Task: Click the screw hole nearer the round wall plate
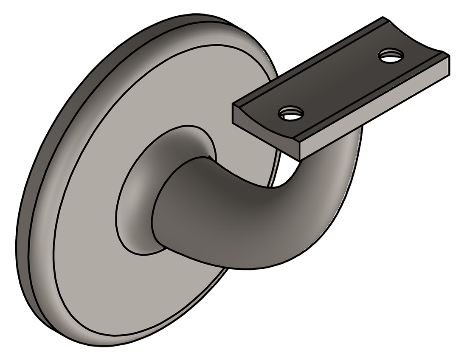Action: (x=291, y=113)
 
